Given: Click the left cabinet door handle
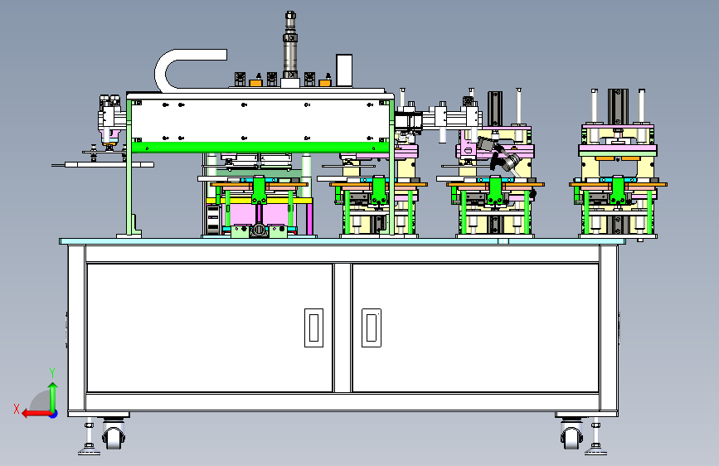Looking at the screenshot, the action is point(313,328).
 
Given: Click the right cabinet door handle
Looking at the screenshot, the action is point(372,328).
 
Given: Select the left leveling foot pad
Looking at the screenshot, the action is point(89,451).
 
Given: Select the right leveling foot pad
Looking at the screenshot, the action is point(595,451).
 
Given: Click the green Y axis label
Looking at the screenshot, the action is point(52,373).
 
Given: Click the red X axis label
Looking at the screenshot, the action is point(17,409).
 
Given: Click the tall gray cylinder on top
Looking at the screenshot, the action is point(289,45).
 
